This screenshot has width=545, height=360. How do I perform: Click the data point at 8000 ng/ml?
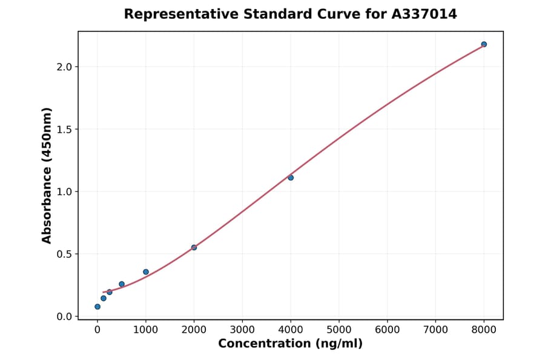[484, 44]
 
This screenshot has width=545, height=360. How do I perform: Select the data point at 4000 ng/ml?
[291, 178]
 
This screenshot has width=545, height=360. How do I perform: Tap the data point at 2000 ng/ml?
[194, 247]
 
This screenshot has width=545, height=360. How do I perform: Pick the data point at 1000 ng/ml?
[146, 272]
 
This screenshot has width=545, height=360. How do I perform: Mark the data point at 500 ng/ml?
[122, 284]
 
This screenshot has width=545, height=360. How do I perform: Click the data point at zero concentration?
[97, 307]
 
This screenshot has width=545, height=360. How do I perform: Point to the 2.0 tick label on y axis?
[64, 67]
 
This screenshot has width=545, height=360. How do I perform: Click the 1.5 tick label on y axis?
[64, 129]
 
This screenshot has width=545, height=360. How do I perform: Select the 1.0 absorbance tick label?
[64, 192]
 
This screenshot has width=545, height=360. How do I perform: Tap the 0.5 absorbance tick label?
[64, 254]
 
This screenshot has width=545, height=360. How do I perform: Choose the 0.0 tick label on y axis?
[64, 316]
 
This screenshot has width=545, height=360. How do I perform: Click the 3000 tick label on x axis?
[242, 330]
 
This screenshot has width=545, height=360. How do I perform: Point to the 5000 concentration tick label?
[339, 330]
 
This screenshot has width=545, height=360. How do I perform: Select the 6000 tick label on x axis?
[388, 330]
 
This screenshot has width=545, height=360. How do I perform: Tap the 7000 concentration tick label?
[435, 330]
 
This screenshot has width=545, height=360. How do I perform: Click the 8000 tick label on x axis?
[484, 330]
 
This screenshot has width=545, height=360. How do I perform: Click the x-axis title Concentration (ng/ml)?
[290, 344]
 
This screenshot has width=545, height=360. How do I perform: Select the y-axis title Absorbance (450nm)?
[47, 175]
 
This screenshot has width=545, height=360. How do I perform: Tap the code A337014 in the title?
[424, 14]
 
